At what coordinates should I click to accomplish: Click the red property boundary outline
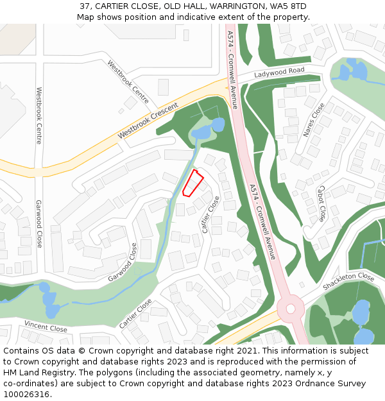tap(193, 183)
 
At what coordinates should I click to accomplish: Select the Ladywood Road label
tap(278, 72)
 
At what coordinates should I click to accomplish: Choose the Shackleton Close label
tap(348, 280)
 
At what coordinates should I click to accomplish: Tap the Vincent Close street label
tap(46, 327)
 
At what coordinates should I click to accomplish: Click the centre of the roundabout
tap(291, 309)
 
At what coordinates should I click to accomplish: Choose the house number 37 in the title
tap(85, 6)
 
